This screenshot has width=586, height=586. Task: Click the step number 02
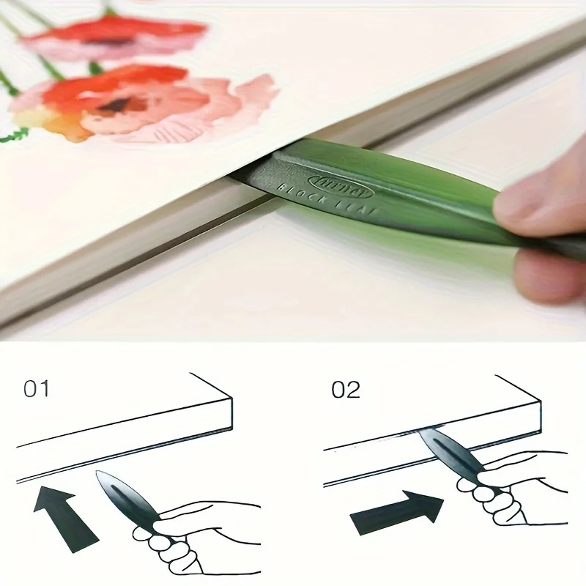coord(346,390)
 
